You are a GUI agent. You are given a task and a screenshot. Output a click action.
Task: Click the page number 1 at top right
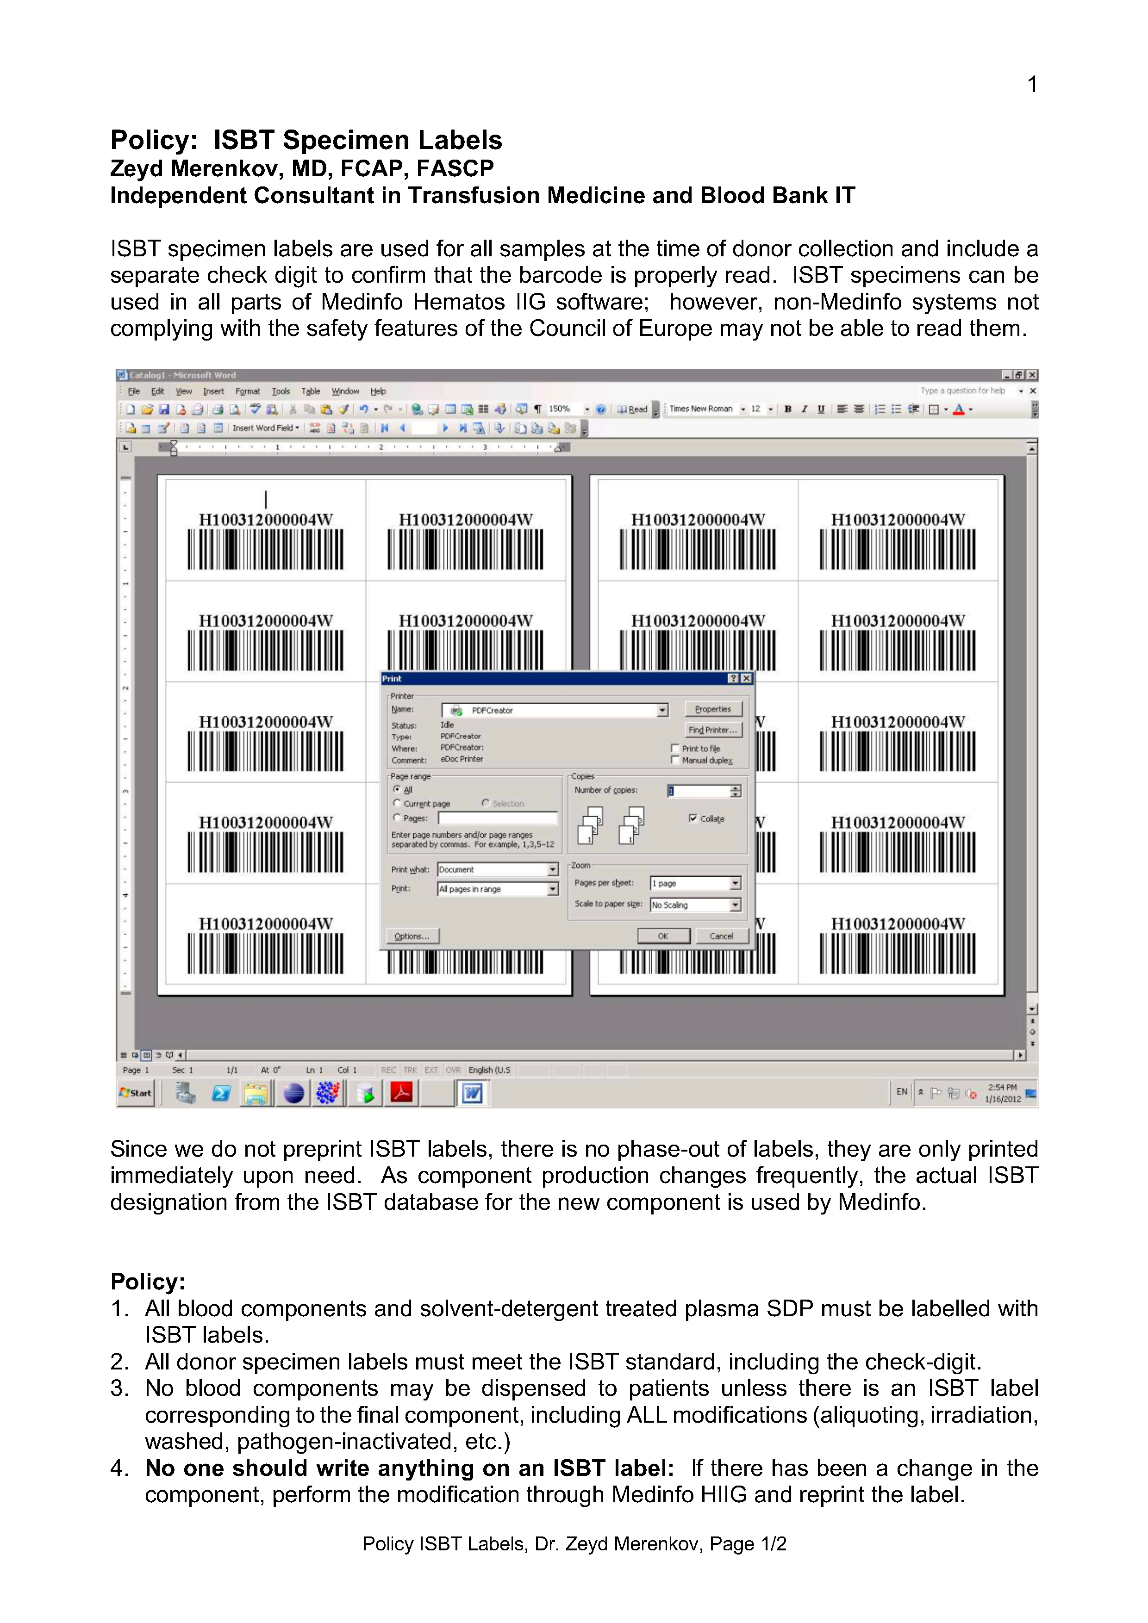1032,85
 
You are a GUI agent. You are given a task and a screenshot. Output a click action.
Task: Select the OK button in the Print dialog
663,936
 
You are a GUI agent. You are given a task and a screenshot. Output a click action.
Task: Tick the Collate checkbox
693,818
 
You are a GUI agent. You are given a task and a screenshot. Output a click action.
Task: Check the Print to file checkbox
675,748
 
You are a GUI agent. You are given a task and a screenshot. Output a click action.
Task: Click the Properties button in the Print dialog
713,709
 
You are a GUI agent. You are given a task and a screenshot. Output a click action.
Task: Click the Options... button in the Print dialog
412,936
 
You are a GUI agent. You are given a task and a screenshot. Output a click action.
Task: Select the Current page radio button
397,804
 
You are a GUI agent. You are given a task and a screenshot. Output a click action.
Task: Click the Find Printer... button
713,730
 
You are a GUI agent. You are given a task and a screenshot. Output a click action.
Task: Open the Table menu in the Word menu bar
311,391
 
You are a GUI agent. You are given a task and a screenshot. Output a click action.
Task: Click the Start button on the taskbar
136,1093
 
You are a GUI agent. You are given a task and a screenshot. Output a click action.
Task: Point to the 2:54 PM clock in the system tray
1002,1088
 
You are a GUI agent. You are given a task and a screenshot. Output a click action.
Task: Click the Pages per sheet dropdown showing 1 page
695,883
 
